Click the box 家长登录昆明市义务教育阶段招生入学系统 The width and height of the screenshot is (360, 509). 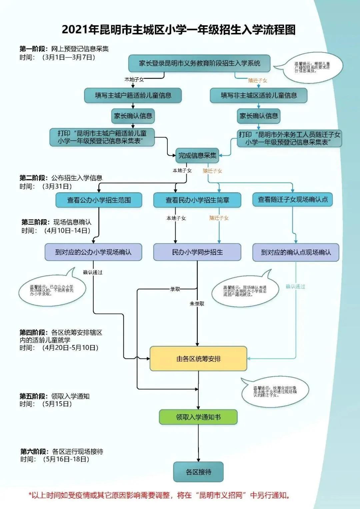(x=199, y=63)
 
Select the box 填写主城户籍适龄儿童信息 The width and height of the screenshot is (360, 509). (x=133, y=95)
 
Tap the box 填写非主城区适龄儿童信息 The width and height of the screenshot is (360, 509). (x=258, y=95)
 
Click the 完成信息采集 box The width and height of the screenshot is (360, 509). (x=197, y=155)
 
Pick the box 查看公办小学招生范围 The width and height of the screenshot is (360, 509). (x=99, y=200)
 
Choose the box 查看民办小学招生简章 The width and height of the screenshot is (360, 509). (x=197, y=200)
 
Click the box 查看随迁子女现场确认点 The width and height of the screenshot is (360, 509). (x=293, y=199)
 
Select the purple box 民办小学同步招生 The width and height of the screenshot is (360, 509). (x=197, y=252)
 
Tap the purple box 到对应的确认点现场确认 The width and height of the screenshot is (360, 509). (x=296, y=252)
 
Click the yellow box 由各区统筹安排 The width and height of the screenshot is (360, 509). (x=198, y=359)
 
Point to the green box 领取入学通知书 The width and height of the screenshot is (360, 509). (x=198, y=417)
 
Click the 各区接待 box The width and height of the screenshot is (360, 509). (x=198, y=472)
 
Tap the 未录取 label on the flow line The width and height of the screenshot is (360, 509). (x=197, y=304)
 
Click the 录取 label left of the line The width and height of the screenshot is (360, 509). (x=175, y=289)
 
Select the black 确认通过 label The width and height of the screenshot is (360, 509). (x=93, y=272)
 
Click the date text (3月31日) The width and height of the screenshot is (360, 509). (x=57, y=186)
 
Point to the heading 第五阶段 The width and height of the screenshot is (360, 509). (x=34, y=396)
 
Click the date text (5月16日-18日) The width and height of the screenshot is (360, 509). (x=66, y=459)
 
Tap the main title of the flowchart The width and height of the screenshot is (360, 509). (x=179, y=30)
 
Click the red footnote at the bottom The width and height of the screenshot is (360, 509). (x=159, y=495)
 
